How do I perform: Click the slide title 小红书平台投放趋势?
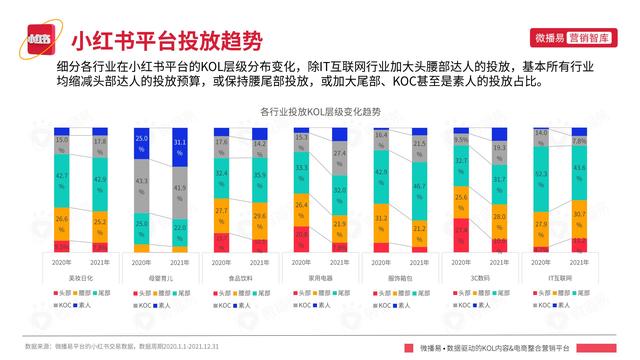(x=166, y=41)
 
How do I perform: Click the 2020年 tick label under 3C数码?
(x=461, y=263)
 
